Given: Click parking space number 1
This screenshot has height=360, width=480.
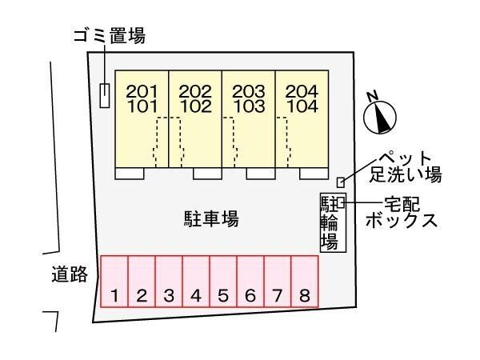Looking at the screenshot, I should (114, 282).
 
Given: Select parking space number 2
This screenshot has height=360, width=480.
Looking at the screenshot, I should (142, 282).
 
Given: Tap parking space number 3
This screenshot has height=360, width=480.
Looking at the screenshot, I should (169, 282).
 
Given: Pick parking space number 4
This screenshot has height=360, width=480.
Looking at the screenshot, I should (196, 282).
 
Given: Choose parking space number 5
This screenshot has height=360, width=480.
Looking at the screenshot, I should (223, 282).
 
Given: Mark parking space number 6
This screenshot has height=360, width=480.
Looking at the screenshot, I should (250, 282).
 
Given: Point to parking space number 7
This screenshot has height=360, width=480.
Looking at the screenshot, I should (278, 282).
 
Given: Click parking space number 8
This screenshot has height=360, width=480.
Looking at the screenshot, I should (305, 282).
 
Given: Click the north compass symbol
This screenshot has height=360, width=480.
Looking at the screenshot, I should (381, 115).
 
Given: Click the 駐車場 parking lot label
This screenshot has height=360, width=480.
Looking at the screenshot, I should (211, 218).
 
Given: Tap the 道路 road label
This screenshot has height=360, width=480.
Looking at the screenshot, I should (64, 276).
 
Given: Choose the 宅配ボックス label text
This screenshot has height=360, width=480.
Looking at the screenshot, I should (402, 211).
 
